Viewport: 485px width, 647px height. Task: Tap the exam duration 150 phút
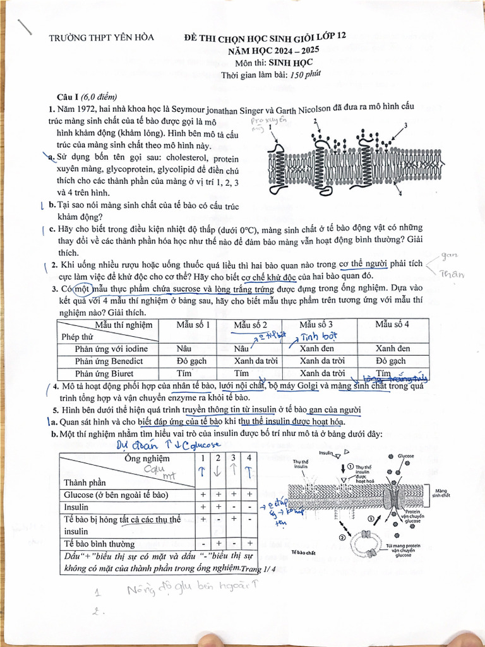(x=306, y=75)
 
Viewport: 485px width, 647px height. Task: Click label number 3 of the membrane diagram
(x=405, y=126)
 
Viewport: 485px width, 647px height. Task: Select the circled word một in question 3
(x=82, y=289)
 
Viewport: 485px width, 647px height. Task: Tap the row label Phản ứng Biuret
(x=109, y=373)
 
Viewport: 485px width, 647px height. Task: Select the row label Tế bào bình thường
(x=99, y=543)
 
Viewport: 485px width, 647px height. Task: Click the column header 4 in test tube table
(x=249, y=458)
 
